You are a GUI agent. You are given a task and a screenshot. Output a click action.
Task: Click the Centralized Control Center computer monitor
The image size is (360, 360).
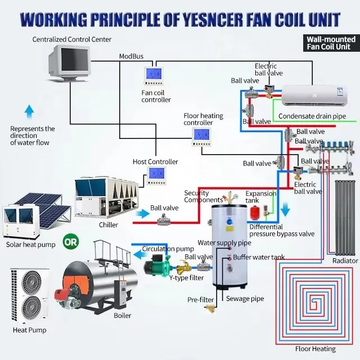point(69,62)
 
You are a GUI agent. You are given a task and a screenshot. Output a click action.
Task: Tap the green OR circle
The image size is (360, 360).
point(71,241)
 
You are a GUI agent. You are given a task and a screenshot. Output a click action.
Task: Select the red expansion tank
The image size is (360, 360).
point(255,213)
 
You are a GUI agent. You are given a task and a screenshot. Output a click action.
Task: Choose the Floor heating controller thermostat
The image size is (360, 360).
point(201,137)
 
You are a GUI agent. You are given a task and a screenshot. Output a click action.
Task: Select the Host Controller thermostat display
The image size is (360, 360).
point(156,176)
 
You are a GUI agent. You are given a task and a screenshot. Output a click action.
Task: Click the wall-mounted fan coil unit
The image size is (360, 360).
point(314,96)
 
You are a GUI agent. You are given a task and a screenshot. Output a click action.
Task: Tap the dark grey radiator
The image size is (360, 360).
point(345,218)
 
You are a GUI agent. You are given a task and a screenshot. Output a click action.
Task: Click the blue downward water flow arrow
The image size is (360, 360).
point(285,209)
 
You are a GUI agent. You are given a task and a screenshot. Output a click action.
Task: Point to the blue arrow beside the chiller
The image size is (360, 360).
point(142,214)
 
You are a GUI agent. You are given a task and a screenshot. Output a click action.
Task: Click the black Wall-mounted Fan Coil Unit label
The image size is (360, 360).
point(331,43)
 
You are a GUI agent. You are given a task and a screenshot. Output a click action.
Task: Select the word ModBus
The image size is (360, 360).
point(131,56)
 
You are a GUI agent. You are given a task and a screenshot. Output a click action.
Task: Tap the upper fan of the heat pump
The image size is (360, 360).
point(31,282)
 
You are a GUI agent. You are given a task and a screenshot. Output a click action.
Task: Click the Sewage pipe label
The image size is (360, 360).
point(245,299)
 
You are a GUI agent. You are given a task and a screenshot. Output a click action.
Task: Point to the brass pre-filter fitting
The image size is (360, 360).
point(210,309)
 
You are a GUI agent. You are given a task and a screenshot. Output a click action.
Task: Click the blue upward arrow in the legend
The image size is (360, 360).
point(29,111)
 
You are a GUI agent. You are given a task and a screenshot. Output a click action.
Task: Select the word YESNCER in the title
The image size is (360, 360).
point(213,20)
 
